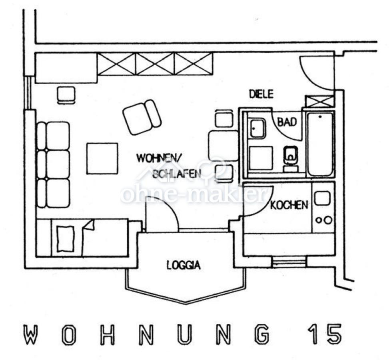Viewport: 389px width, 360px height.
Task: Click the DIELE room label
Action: pos(261,94)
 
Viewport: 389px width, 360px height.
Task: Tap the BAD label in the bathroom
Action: pos(287,122)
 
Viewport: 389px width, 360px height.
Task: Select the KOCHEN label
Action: pos(289,205)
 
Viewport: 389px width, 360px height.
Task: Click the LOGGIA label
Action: pos(184,265)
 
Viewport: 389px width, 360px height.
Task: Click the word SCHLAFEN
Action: pos(177,174)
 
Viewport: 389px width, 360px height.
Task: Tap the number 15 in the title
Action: pos(324,334)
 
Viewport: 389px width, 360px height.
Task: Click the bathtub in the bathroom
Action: pos(320,144)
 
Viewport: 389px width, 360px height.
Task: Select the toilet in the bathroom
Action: pos(291,159)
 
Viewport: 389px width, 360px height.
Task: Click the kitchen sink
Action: pos(322,199)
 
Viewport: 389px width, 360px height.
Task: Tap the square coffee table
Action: pos(102,159)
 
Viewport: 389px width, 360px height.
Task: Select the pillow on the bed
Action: pos(66,238)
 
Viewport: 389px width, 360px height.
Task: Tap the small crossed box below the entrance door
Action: pos(319,102)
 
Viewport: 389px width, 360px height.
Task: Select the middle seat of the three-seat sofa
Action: pos(53,164)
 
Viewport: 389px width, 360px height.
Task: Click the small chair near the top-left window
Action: pos(66,95)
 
